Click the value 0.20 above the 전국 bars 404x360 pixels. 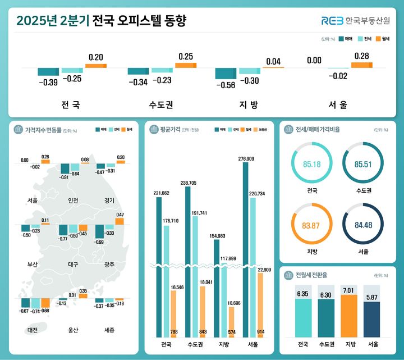pyautogui.click(x=96, y=57)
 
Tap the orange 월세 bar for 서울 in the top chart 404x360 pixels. pyautogui.click(x=361, y=65)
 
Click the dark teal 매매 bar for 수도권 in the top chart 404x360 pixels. pyautogui.click(x=139, y=71)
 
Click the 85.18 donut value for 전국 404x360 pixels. pyautogui.click(x=311, y=164)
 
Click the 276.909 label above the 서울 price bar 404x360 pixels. pyautogui.click(x=247, y=159)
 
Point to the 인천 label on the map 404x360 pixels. pyautogui.click(x=72, y=200)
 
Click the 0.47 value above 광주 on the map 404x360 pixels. pyautogui.click(x=120, y=215)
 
